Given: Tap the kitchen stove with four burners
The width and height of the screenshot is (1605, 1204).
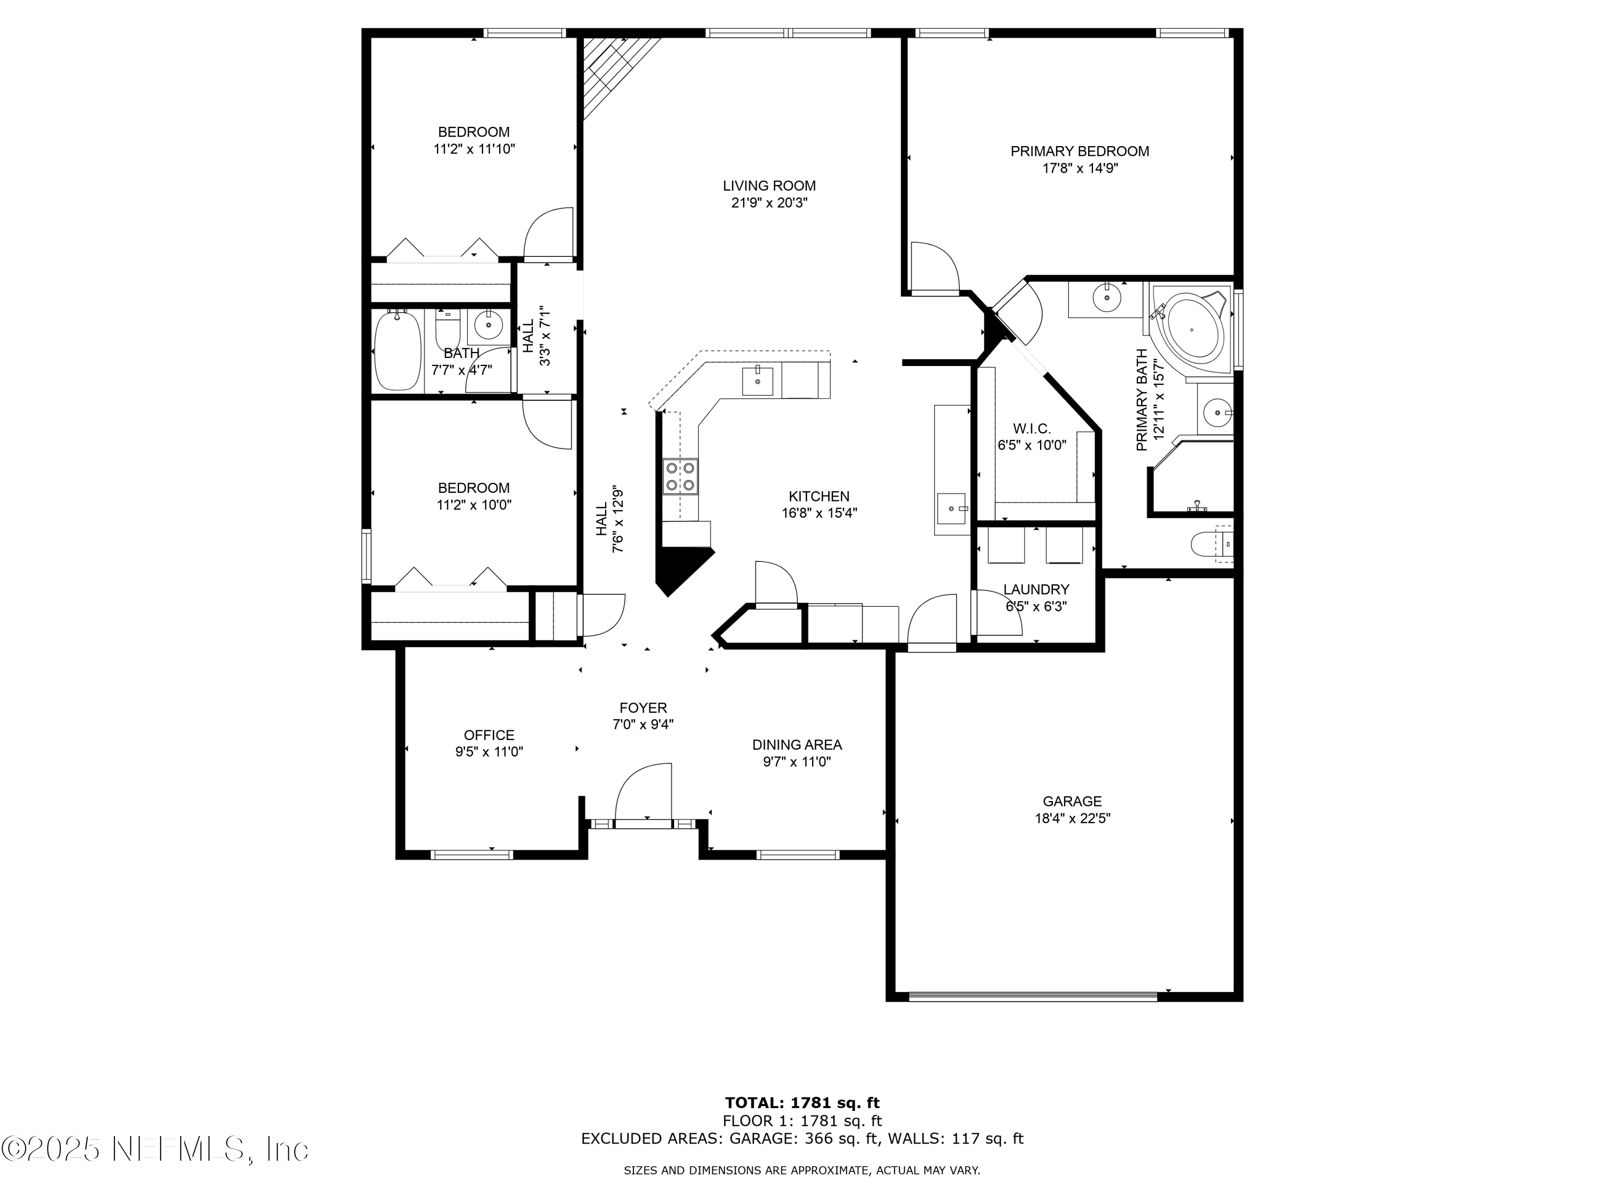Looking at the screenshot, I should click(x=680, y=477).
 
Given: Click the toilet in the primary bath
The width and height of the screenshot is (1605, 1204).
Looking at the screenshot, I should click(x=1211, y=544).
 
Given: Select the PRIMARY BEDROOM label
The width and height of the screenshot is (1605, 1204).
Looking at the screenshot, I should click(x=1080, y=151).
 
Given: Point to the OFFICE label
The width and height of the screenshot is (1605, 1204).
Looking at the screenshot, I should click(x=489, y=735).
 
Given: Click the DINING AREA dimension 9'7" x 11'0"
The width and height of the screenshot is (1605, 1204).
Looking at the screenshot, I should click(x=797, y=761).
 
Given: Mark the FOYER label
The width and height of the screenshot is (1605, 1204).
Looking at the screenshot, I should click(x=643, y=707).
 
